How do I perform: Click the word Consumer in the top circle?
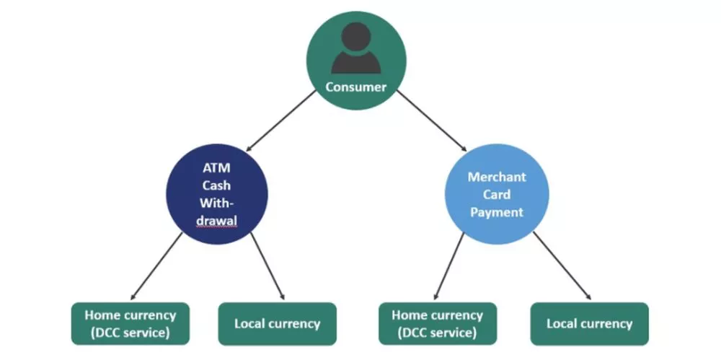(x=355, y=87)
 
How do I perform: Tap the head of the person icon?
(x=355, y=38)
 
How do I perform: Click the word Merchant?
(x=496, y=177)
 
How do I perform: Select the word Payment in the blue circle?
(x=496, y=212)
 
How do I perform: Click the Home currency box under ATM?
(x=130, y=323)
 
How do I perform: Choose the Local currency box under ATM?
(x=277, y=323)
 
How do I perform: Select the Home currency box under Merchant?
(x=438, y=323)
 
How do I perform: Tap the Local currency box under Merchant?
(x=589, y=323)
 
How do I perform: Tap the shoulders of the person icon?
(x=355, y=63)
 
